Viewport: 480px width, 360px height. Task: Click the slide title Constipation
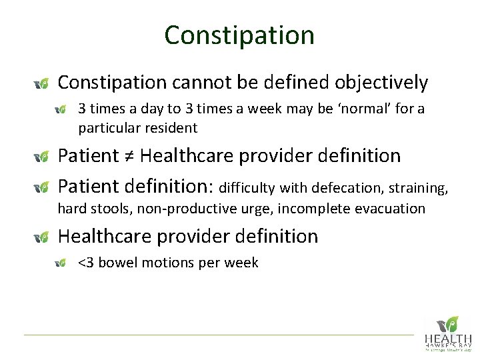pyautogui.click(x=239, y=35)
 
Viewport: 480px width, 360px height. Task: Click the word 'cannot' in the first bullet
pyautogui.click(x=201, y=83)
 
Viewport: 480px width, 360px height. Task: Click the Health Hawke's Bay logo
pyautogui.click(x=447, y=333)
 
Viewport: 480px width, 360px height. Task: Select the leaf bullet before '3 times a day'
pyautogui.click(x=61, y=109)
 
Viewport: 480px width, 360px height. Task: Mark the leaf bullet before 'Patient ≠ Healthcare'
pyautogui.click(x=41, y=157)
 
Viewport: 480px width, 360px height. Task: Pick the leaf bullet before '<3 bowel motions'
pyautogui.click(x=61, y=263)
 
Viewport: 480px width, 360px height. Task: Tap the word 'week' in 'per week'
pyautogui.click(x=242, y=263)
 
